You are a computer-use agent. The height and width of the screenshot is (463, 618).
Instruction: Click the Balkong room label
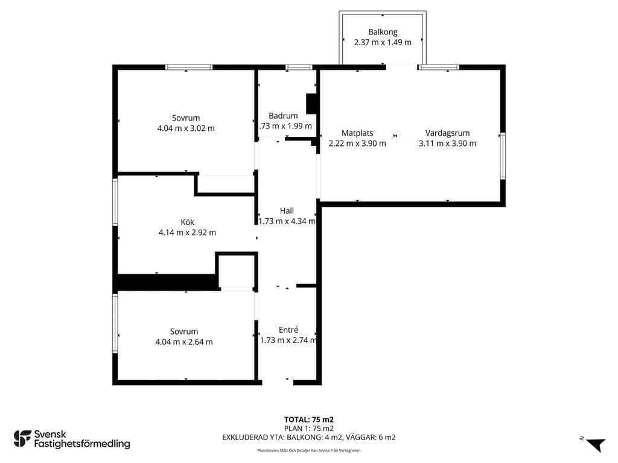pyautogui.click(x=383, y=33)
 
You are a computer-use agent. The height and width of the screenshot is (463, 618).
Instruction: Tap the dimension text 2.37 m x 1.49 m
pyautogui.click(x=383, y=43)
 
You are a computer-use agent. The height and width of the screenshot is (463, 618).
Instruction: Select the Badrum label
pyautogui.click(x=283, y=116)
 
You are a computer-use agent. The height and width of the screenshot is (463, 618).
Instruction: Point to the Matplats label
pyautogui.click(x=357, y=133)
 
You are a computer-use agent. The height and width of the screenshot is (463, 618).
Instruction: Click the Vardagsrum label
pyautogui.click(x=447, y=133)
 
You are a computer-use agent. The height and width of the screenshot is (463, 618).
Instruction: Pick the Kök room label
pyautogui.click(x=187, y=222)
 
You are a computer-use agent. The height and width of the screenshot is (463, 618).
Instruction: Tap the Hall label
pyautogui.click(x=287, y=210)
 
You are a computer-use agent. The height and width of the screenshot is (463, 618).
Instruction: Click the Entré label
pyautogui.click(x=288, y=330)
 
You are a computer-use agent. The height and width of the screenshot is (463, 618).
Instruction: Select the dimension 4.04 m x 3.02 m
pyautogui.click(x=186, y=128)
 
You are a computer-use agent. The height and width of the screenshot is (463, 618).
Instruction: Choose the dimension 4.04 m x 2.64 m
pyautogui.click(x=184, y=342)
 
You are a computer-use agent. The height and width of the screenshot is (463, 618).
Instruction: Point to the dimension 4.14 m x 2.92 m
pyautogui.click(x=187, y=232)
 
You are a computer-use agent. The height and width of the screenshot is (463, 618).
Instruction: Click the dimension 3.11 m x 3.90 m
pyautogui.click(x=447, y=143)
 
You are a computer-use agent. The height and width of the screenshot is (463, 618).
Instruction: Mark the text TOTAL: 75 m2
pyautogui.click(x=309, y=420)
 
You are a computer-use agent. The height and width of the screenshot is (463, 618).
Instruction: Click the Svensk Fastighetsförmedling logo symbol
pyautogui.click(x=22, y=439)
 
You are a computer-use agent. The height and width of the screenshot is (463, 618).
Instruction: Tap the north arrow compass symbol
pyautogui.click(x=595, y=445)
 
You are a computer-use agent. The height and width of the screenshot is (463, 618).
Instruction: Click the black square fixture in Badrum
pyautogui.click(x=311, y=104)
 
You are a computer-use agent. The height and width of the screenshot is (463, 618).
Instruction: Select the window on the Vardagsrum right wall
pyautogui.click(x=503, y=156)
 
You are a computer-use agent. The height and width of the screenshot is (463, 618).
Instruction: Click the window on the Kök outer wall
pyautogui.click(x=115, y=202)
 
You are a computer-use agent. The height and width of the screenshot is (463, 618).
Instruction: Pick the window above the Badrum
pyautogui.click(x=299, y=68)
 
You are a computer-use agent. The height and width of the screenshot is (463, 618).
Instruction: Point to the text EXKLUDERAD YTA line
pyautogui.click(x=309, y=438)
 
